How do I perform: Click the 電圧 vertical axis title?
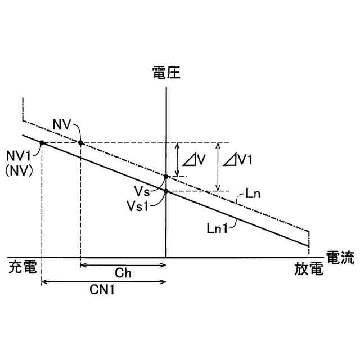click(x=166, y=73)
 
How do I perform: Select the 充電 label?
click(x=23, y=268)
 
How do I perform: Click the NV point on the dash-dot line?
click(x=80, y=143)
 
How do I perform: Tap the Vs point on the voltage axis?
click(x=166, y=177)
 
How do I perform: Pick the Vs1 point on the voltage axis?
click(x=166, y=191)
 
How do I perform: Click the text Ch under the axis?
click(x=123, y=273)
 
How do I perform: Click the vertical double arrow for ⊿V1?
click(x=218, y=166)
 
